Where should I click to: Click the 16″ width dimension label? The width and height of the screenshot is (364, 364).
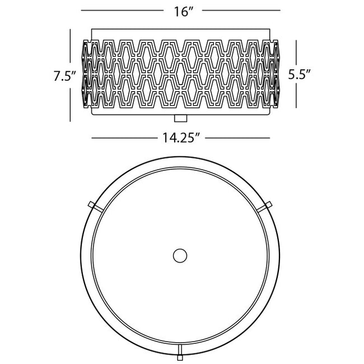tap(184, 12)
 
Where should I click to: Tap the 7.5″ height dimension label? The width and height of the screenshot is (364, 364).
tap(65, 76)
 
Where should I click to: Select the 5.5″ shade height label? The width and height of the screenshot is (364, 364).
tap(299, 74)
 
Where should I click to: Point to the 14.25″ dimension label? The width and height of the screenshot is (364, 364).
tap(181, 138)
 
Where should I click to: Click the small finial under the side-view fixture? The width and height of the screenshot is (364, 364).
tap(181, 118)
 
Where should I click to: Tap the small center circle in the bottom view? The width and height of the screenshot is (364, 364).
tap(180, 255)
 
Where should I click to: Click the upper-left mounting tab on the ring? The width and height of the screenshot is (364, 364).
tap(95, 206)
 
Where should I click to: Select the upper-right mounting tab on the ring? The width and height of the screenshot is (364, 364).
tap(265, 206)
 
